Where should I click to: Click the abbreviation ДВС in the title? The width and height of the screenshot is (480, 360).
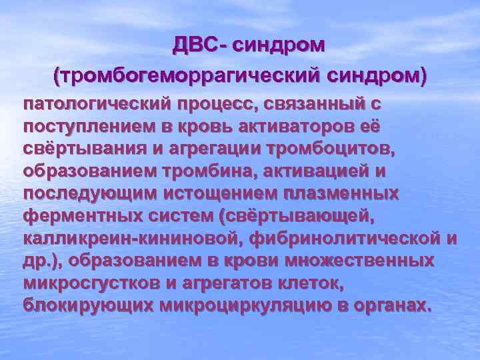(193, 45)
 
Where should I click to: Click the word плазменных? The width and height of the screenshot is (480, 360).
(350, 193)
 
